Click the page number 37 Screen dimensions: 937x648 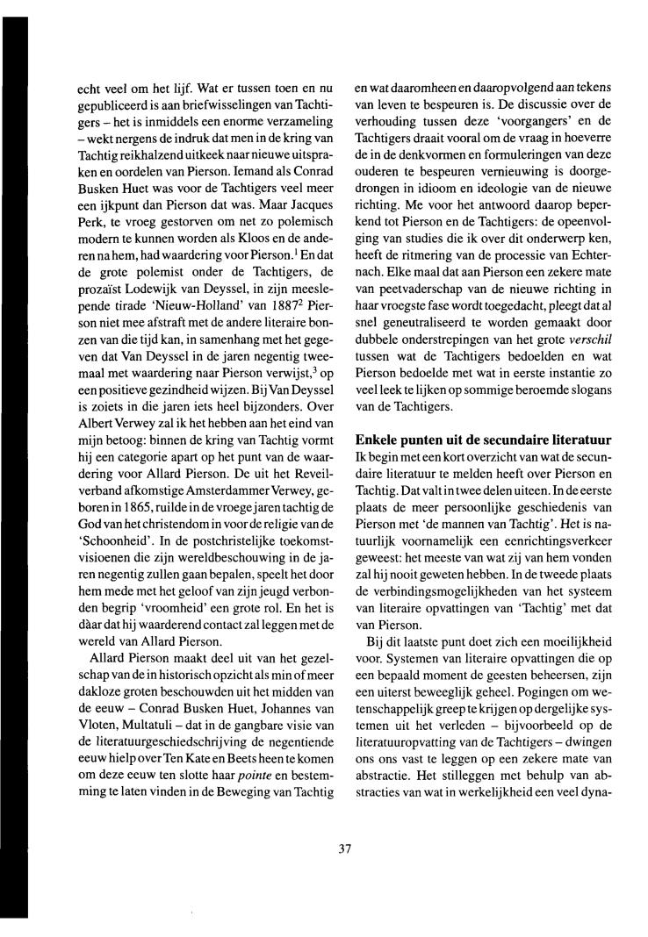pos(345,848)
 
